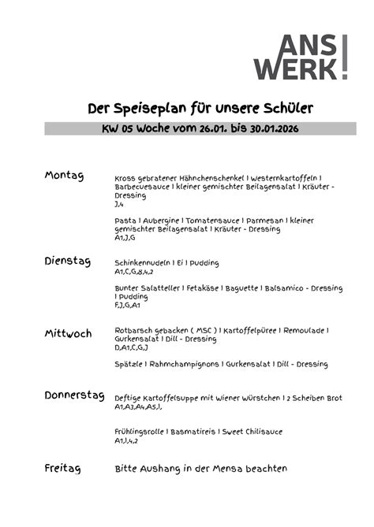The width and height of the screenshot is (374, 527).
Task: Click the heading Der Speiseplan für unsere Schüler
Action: [x=189, y=108]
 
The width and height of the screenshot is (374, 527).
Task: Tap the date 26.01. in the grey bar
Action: [x=214, y=128]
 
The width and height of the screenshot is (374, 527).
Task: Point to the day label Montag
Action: [x=64, y=175]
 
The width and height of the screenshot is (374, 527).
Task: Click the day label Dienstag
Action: [x=68, y=260]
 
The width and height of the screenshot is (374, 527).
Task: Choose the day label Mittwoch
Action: [x=69, y=333]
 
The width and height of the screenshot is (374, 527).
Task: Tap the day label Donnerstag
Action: [x=75, y=395]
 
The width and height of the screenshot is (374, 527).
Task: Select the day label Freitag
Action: [x=63, y=469]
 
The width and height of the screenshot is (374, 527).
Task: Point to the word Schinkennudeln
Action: [x=143, y=262]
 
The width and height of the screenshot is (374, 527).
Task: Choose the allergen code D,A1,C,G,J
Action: [x=131, y=347]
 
